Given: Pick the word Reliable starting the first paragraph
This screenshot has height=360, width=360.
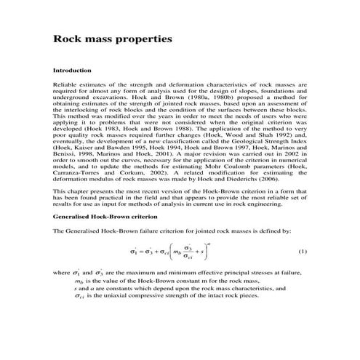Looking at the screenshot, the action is [x=67, y=84].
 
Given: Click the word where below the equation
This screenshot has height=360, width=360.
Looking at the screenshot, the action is [x=63, y=272].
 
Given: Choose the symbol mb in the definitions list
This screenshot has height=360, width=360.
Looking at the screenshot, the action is [x=79, y=280].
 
